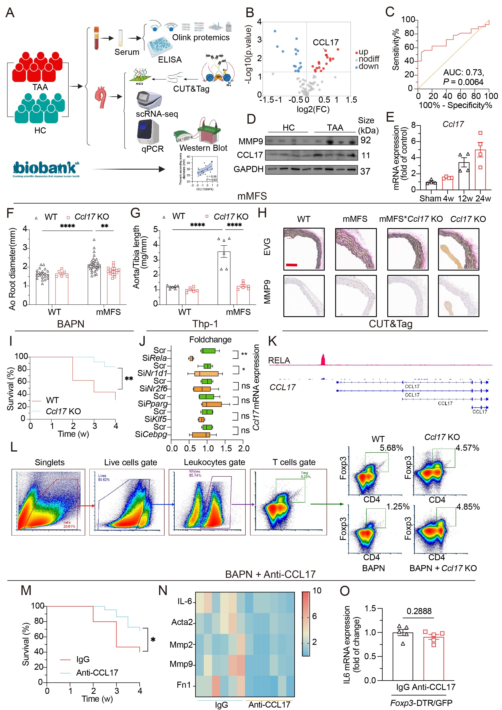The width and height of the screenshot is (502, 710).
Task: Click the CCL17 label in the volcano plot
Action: [326, 42]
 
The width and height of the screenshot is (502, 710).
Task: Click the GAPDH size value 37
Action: [365, 171]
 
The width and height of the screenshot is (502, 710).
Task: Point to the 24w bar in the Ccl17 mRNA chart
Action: [480, 169]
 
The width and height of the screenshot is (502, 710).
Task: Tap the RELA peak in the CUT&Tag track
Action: [323, 360]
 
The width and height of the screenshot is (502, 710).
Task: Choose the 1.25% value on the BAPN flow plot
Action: [398, 507]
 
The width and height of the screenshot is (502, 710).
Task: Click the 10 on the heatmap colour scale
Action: [317, 591]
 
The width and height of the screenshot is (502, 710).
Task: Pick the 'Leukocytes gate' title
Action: [214, 462]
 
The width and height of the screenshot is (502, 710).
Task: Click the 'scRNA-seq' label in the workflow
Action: [157, 114]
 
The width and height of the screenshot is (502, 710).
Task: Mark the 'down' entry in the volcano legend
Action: [368, 66]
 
